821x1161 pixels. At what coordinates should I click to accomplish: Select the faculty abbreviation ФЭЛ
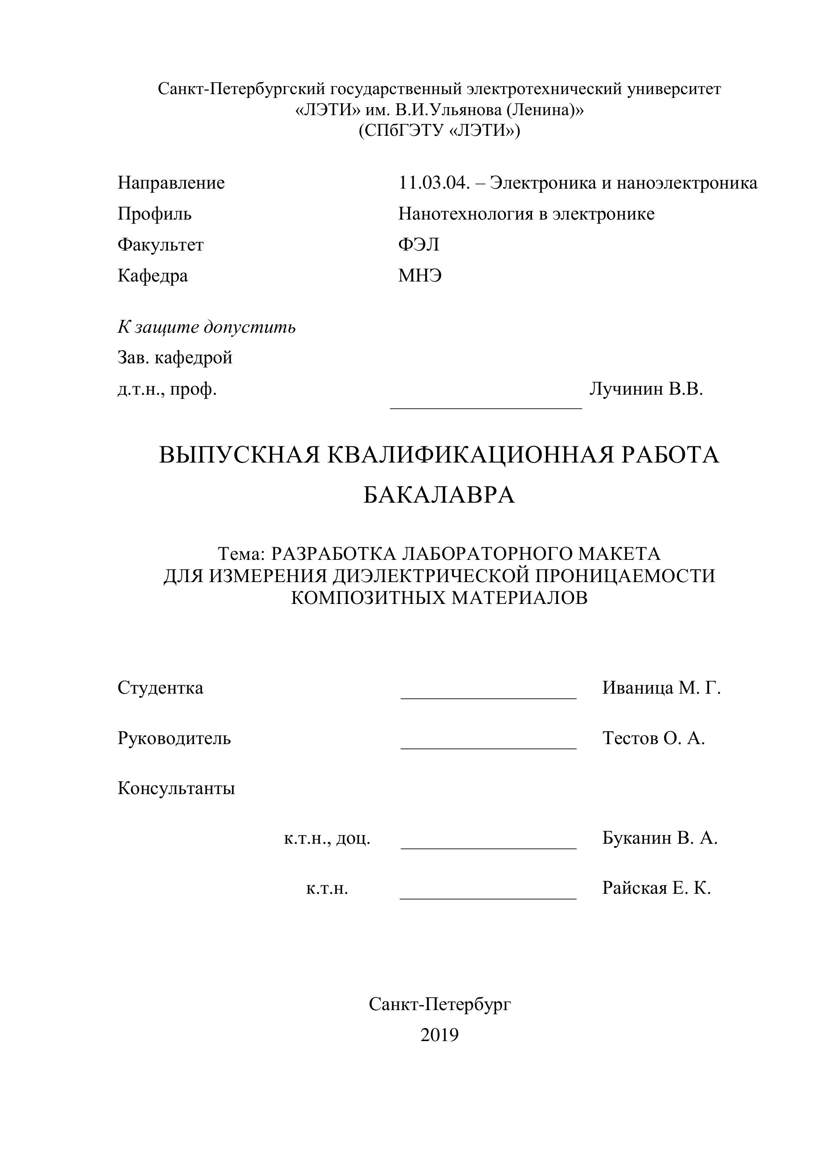tap(418, 245)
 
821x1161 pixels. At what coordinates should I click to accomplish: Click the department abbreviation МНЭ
tap(420, 276)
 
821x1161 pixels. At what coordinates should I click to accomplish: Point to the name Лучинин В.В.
tap(646, 389)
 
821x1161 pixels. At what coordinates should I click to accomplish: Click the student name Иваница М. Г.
tap(661, 688)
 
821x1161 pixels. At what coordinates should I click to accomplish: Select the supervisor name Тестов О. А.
tap(653, 738)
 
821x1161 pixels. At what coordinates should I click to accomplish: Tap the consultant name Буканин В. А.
tap(660, 838)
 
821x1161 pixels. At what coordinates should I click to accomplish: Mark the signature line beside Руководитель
tap(488, 748)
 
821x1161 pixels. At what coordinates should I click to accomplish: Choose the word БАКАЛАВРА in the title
tap(439, 495)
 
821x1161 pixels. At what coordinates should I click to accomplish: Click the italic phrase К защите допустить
tap(206, 327)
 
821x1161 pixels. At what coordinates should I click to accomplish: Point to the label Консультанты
tap(176, 788)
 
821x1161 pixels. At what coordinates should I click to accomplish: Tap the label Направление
tap(171, 183)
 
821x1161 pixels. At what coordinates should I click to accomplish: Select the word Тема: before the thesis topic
tap(241, 554)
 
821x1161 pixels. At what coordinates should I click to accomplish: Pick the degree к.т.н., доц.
tap(327, 838)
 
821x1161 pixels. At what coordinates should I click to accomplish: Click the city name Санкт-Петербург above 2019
tap(439, 1004)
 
